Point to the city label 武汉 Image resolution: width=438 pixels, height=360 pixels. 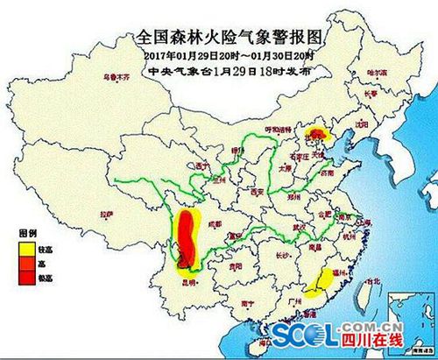[303, 227]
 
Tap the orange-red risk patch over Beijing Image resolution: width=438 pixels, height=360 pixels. [319, 135]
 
